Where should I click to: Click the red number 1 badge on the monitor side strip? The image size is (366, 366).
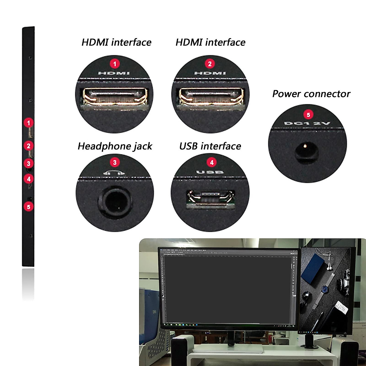tap(29, 123)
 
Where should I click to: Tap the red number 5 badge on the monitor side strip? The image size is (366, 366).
tap(29, 207)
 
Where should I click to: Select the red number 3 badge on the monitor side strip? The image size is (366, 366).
tap(29, 164)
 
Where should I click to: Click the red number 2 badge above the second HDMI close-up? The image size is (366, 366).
tap(210, 64)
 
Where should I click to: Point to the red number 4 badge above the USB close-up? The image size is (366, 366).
tap(212, 162)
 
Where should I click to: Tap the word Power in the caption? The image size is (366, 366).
tap(286, 94)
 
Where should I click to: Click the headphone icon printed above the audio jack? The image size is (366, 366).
tap(114, 173)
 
